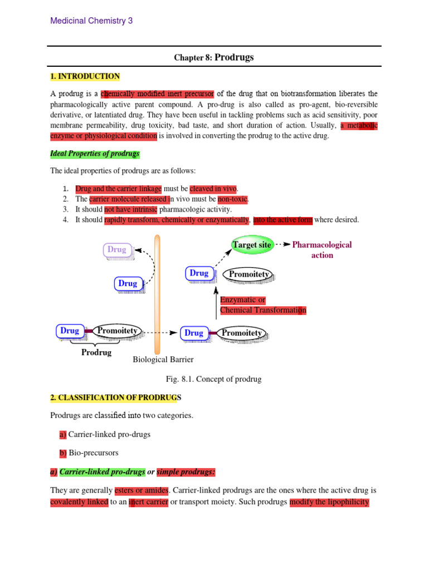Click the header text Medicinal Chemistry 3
pos(91,21)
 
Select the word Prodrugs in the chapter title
pos(234,57)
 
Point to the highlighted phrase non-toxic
pos(233,199)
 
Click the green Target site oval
pos(252,244)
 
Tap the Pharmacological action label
pos(322,250)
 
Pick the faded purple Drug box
pos(117,250)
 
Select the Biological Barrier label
pos(163,360)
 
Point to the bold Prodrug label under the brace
pos(96,352)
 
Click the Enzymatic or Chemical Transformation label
pos(263,305)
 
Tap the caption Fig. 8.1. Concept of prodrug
pos(214,379)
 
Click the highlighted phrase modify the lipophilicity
pos(329,502)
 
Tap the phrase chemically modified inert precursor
pos(157,94)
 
